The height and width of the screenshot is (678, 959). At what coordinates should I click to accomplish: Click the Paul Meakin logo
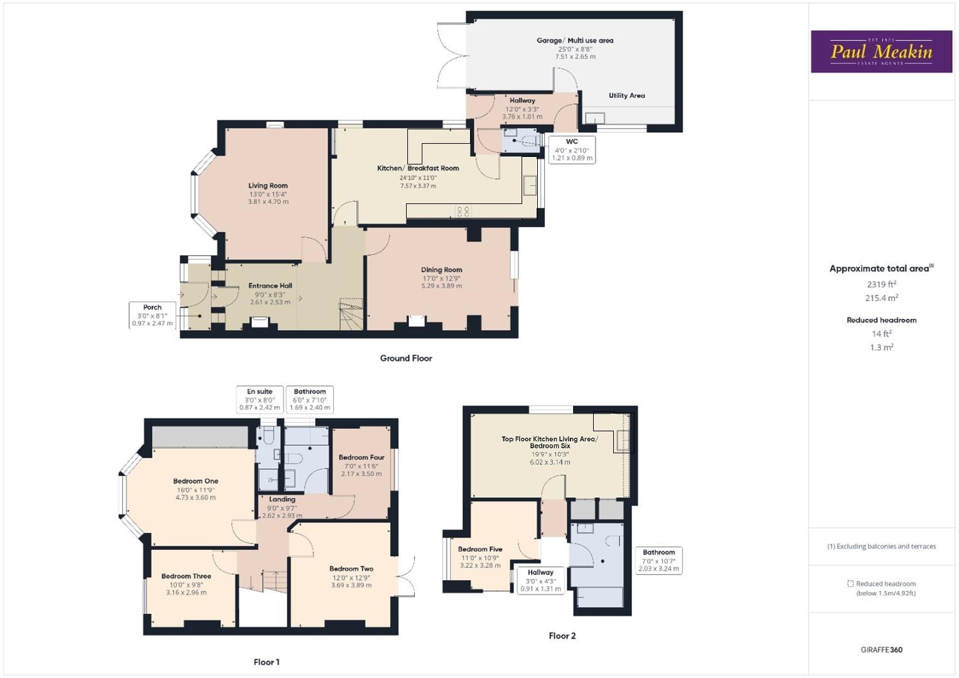click(881, 51)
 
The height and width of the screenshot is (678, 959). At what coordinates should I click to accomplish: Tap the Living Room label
click(268, 186)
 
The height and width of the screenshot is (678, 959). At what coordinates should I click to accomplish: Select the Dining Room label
click(441, 270)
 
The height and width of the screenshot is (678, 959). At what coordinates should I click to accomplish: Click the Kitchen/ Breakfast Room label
click(418, 168)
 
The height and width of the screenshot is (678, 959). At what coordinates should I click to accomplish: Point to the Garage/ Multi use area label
click(575, 41)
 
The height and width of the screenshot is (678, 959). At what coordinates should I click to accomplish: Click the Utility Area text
click(626, 95)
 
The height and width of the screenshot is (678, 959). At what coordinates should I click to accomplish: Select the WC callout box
click(572, 150)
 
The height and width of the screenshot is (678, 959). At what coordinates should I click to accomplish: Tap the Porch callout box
click(153, 315)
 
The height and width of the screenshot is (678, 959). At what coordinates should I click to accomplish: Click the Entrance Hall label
click(270, 286)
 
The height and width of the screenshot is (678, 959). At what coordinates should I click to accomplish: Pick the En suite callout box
click(260, 399)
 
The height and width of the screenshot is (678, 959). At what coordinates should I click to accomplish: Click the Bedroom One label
click(196, 482)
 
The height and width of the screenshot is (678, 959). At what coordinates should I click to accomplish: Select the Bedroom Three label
click(186, 576)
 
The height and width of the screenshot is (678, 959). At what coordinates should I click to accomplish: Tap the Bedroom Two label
click(351, 569)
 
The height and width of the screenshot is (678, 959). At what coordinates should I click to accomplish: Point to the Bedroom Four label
click(362, 458)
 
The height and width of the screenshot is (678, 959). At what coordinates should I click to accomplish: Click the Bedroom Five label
click(480, 549)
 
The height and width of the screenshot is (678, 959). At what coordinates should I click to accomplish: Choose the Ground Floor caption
click(406, 358)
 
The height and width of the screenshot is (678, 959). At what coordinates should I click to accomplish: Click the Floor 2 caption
click(562, 636)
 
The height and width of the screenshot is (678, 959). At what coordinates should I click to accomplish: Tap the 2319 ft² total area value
click(882, 284)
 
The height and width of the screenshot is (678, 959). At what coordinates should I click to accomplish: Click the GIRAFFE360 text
click(881, 650)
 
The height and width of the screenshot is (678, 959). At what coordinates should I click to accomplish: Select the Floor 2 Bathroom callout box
click(658, 560)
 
